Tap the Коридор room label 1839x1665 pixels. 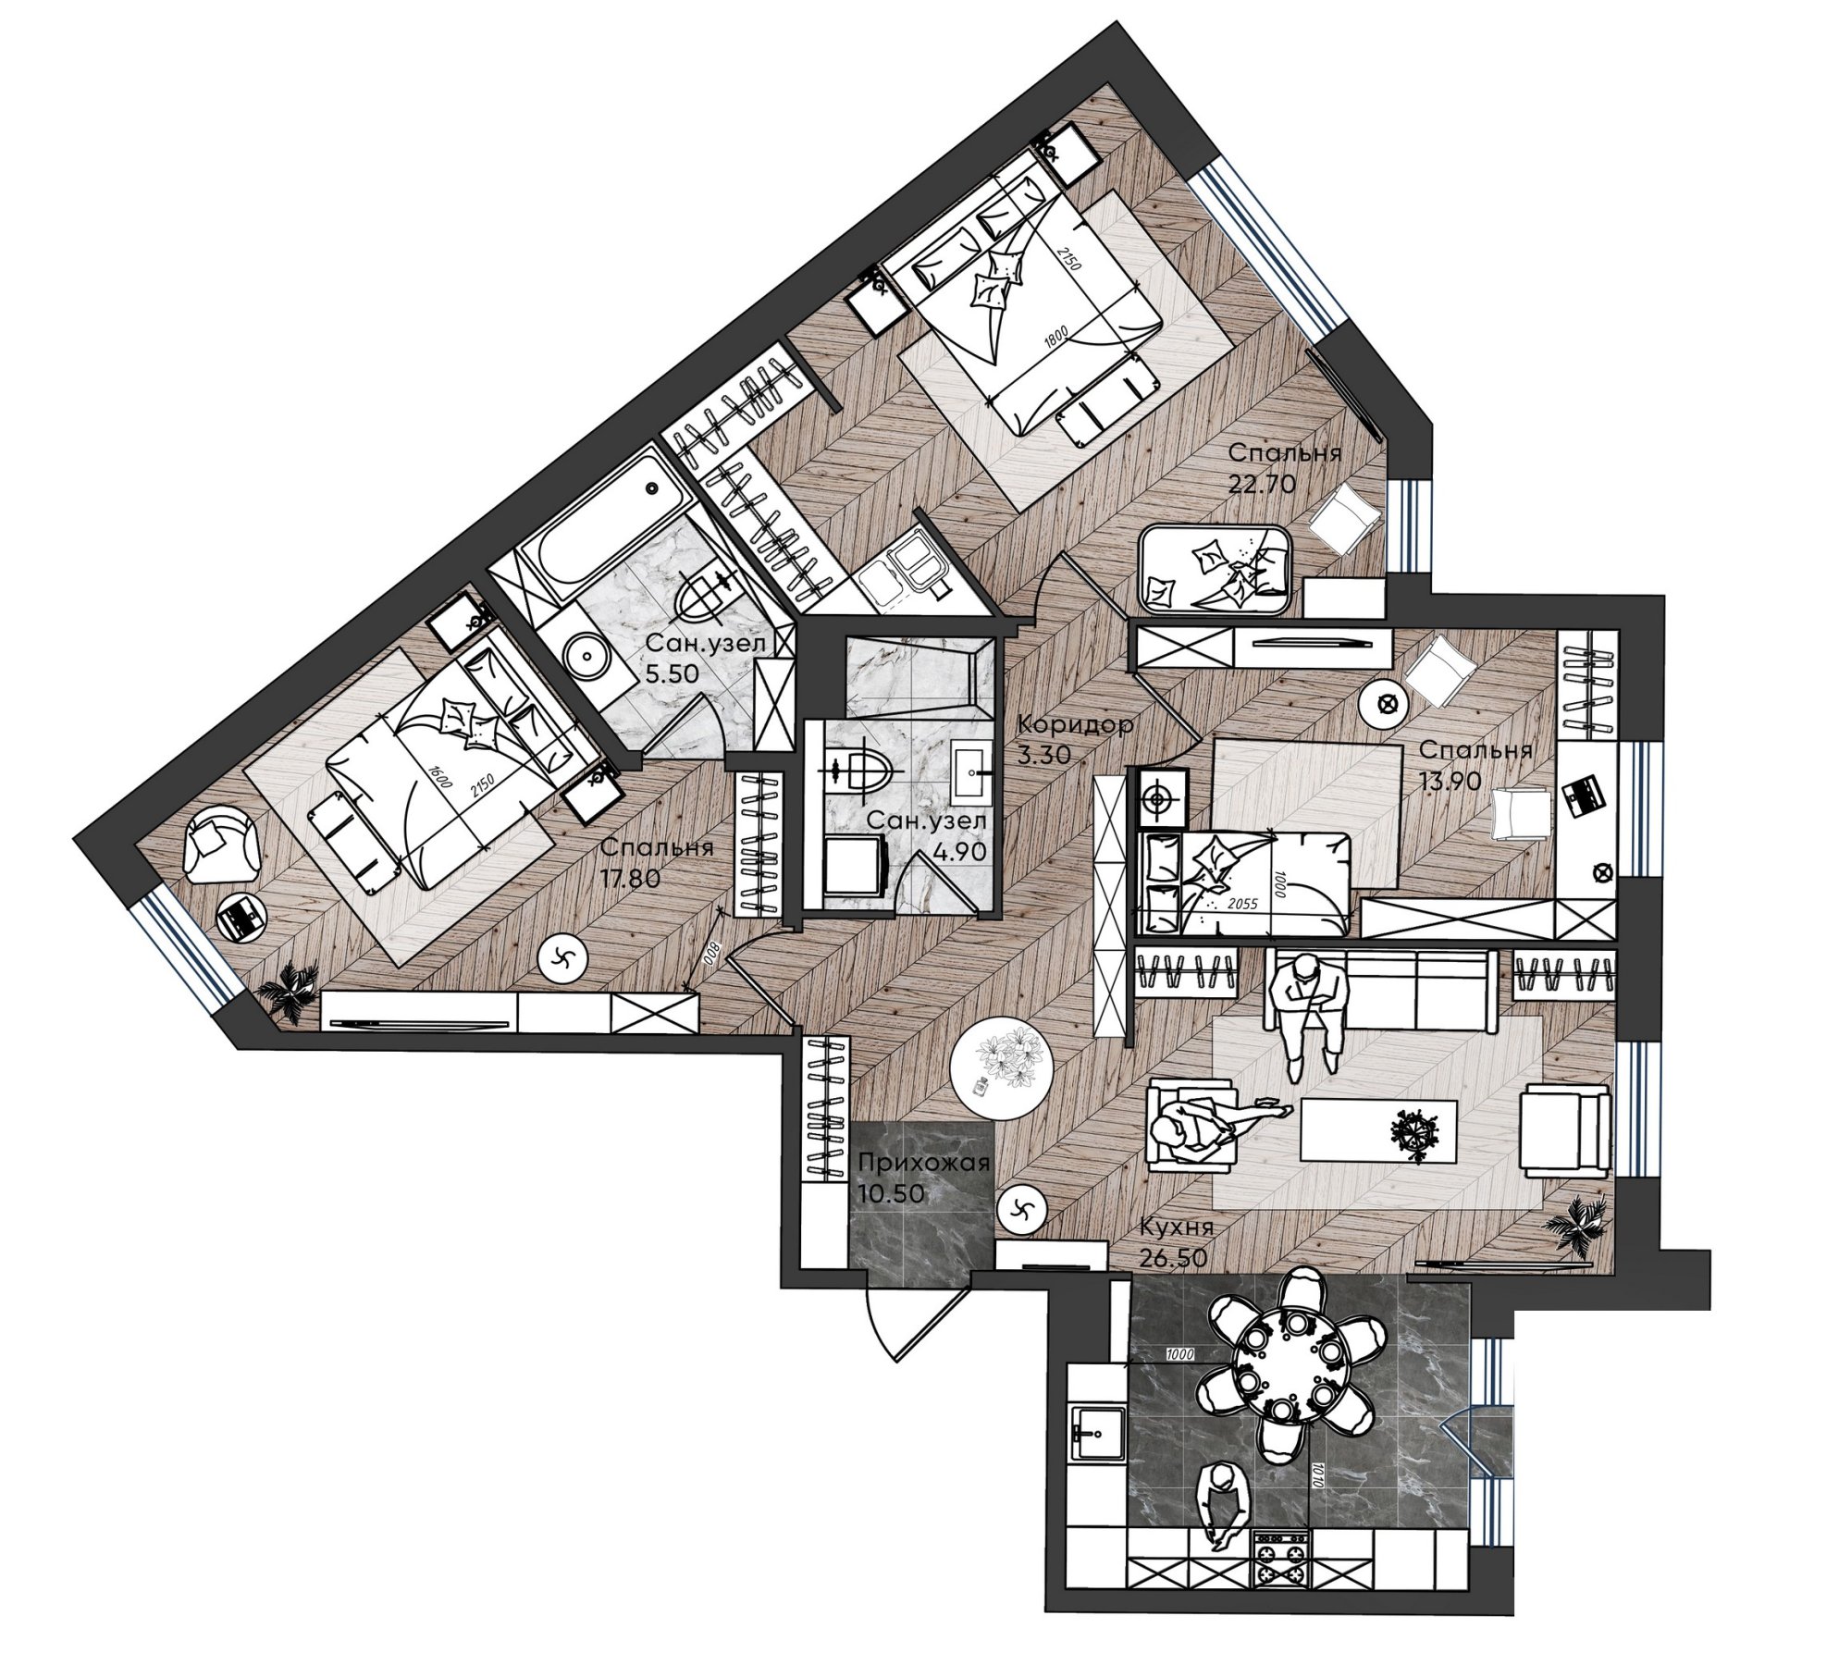[x=1074, y=725]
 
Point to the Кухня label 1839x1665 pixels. [x=1178, y=1227]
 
